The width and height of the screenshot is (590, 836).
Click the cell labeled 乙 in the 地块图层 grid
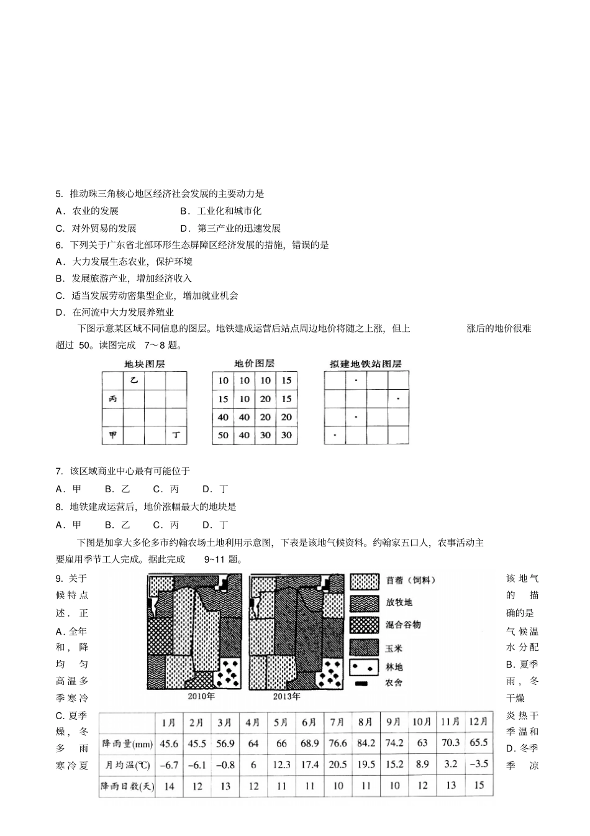click(134, 380)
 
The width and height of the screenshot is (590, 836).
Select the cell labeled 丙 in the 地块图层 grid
click(113, 399)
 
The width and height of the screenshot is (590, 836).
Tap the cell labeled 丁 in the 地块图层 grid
click(176, 435)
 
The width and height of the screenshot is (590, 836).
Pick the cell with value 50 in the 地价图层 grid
click(223, 435)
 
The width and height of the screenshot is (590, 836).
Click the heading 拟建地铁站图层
click(366, 364)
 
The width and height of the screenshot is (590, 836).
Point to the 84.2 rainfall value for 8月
click(366, 743)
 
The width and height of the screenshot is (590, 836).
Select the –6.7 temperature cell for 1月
click(169, 765)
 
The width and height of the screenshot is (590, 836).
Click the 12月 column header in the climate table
click(479, 722)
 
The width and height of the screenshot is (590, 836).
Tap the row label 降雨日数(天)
click(127, 786)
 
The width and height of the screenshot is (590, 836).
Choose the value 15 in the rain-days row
click(479, 786)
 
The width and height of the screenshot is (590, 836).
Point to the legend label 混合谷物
click(403, 625)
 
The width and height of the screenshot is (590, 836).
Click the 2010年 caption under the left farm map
click(201, 696)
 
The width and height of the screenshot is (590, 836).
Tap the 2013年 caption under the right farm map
click(286, 696)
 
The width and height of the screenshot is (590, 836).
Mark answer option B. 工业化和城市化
click(221, 211)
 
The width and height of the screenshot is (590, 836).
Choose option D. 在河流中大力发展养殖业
click(116, 312)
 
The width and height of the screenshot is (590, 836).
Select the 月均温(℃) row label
click(127, 765)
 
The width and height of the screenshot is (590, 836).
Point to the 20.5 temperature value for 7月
click(337, 765)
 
